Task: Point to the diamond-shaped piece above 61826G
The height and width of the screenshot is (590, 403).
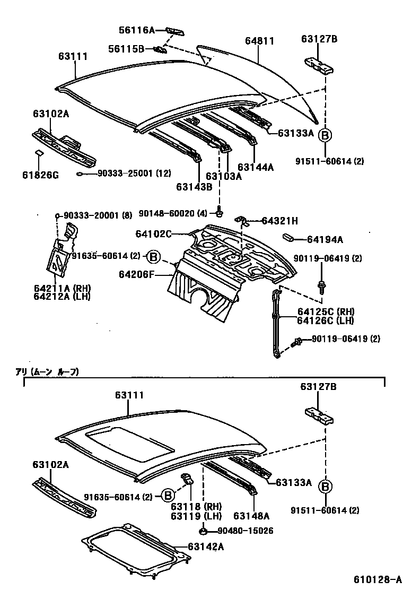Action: [39, 153]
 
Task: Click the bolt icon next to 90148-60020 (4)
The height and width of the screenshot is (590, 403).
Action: [219, 213]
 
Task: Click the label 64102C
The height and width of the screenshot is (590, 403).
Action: [153, 234]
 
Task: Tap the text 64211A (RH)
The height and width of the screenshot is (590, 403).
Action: [62, 288]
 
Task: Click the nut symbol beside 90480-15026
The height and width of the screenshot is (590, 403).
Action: [204, 531]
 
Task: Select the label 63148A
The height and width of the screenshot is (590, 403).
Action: [251, 515]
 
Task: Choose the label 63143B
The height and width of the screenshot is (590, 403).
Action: [195, 186]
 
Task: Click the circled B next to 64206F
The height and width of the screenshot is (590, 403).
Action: [153, 256]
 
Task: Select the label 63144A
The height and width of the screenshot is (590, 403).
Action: [256, 167]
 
